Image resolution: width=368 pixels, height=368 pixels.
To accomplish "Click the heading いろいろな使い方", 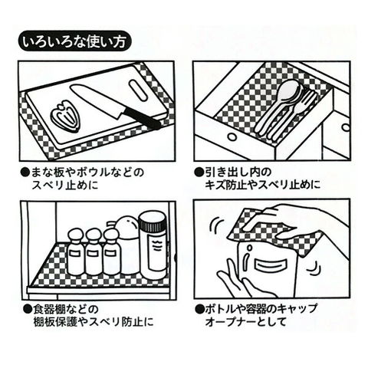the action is (x=74, y=41).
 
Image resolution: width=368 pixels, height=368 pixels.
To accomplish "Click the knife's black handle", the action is (x=141, y=117).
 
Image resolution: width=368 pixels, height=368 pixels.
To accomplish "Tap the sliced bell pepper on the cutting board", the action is (x=66, y=115).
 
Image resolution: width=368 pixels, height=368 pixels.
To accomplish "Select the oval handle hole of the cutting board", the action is (x=138, y=90).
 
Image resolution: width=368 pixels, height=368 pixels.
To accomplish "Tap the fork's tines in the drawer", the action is (x=309, y=98).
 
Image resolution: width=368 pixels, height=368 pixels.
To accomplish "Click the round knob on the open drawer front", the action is (x=232, y=137).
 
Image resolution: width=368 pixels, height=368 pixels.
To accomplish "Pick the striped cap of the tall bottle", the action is (x=152, y=222).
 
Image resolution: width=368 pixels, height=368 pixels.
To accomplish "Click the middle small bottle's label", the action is (x=93, y=254).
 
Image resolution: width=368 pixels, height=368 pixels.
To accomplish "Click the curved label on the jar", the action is (x=270, y=264).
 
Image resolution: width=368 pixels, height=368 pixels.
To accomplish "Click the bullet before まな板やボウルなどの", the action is (x=25, y=172).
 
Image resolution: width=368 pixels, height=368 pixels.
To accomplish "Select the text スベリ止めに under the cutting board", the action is (x=65, y=185).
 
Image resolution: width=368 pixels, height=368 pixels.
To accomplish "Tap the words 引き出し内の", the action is (x=238, y=172).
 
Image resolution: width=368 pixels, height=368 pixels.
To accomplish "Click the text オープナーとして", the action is (x=245, y=321).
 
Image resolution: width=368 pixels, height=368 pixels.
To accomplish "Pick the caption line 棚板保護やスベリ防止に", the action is (x=94, y=321).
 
